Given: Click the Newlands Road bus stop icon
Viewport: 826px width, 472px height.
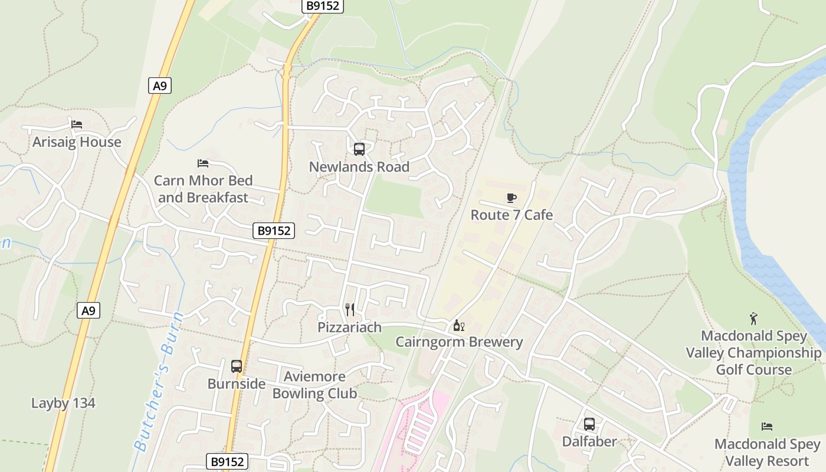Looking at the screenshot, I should [359, 149].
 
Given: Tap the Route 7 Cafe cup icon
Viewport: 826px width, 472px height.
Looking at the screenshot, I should [512, 198].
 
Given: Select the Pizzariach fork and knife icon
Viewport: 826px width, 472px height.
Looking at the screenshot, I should [350, 310].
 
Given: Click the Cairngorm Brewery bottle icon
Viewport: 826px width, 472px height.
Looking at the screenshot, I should [458, 325].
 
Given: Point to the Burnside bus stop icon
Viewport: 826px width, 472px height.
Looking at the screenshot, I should [237, 366].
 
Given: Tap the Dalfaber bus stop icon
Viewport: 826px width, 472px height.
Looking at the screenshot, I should [589, 424].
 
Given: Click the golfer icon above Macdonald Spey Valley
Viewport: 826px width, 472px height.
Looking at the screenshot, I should [753, 319].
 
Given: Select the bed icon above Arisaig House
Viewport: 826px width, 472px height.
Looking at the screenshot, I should [77, 124].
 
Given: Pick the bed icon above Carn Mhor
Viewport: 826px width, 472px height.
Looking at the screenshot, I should [203, 163].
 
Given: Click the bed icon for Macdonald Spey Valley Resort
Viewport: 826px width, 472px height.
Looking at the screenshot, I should [767, 426].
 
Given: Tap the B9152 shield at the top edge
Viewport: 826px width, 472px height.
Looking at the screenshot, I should [322, 6].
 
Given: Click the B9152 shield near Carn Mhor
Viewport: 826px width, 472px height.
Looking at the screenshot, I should [274, 231].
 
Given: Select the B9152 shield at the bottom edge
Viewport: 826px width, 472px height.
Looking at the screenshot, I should [227, 461].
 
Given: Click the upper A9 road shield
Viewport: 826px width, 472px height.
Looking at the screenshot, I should [160, 86].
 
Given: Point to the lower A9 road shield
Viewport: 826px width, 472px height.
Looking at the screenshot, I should [88, 310].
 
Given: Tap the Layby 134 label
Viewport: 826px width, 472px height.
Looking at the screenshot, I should [63, 404].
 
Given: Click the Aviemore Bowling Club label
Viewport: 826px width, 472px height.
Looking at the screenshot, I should [314, 385].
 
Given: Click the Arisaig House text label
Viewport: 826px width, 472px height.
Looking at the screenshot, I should [77, 142].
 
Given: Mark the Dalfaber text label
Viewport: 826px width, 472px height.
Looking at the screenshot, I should [589, 441].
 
